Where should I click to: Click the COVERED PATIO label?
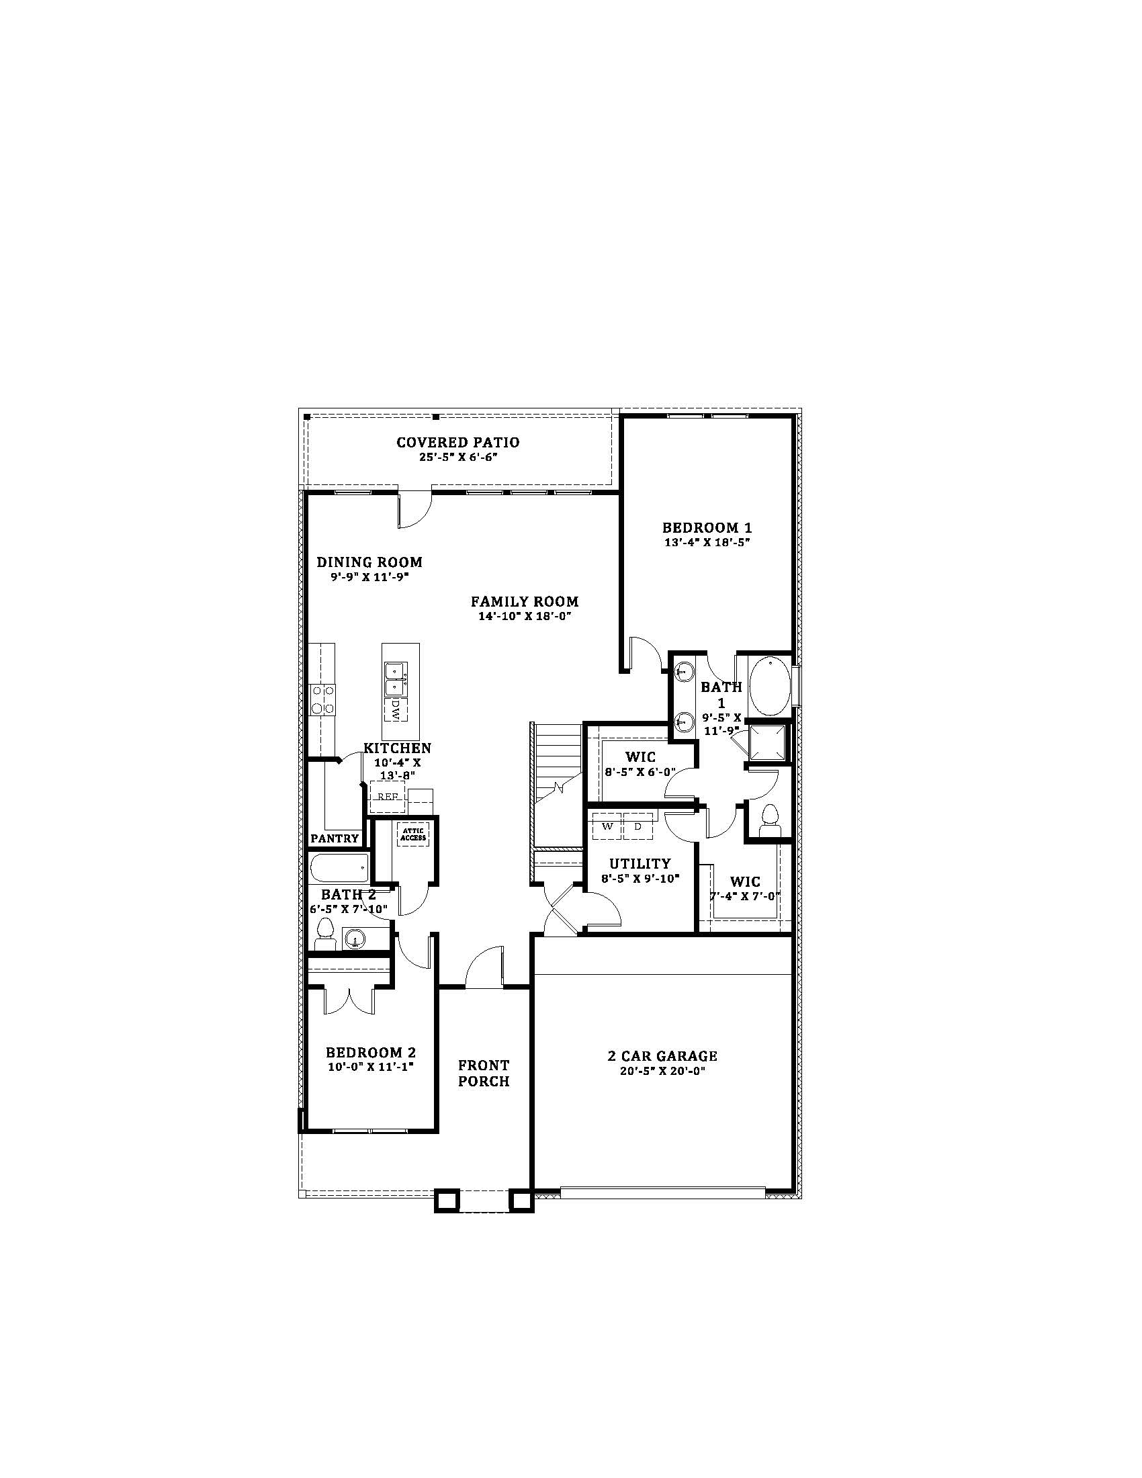click(x=458, y=443)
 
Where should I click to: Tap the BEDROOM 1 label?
click(x=707, y=527)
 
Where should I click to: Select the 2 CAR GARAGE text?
click(x=662, y=1055)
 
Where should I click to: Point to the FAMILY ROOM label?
click(x=525, y=601)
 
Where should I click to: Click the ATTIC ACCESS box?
click(x=413, y=835)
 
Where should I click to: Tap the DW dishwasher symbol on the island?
click(x=395, y=708)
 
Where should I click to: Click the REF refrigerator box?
click(x=387, y=796)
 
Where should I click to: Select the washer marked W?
click(x=607, y=826)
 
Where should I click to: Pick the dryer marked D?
click(x=638, y=826)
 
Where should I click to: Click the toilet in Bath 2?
click(x=325, y=934)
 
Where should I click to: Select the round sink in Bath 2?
click(x=355, y=939)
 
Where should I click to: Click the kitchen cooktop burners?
click(x=322, y=700)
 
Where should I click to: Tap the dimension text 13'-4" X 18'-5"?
click(x=707, y=542)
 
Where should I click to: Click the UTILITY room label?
click(x=640, y=863)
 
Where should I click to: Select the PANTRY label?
click(x=335, y=838)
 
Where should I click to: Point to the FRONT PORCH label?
click(x=484, y=1074)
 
